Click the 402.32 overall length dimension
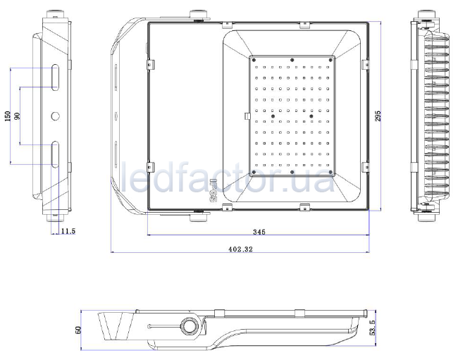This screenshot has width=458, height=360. click(x=240, y=249)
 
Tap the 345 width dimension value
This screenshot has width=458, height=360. click(x=259, y=232)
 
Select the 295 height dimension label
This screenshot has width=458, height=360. click(x=378, y=116)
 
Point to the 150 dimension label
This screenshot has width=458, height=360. click(x=8, y=116)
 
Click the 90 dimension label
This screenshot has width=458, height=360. click(x=17, y=116)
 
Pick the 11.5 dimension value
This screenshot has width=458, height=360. click(x=68, y=231)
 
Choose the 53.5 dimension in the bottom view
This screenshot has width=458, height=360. click(x=372, y=328)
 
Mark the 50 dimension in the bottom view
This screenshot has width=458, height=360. click(x=78, y=330)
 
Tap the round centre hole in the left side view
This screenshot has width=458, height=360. click(x=55, y=116)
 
